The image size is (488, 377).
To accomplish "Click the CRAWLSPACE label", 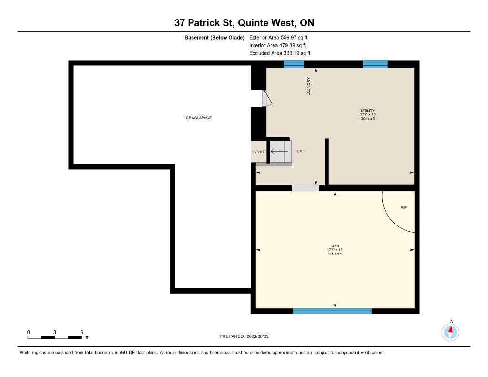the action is (199, 118).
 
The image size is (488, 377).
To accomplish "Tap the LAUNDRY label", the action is (308, 87).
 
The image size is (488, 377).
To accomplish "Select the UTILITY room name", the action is (368, 110).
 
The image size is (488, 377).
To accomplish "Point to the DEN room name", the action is (335, 245).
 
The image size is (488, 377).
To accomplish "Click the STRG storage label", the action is (259, 152).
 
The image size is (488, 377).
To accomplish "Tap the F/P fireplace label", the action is (404, 207).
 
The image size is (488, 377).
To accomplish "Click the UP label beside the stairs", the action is (299, 151).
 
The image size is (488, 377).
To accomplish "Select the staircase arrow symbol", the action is (279, 151).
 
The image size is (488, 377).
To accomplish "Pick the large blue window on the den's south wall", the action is (332, 311).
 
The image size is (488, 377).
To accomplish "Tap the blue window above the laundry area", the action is (294, 64).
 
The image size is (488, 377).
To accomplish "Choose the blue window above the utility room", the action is (376, 64).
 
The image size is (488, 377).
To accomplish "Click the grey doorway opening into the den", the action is (305, 188).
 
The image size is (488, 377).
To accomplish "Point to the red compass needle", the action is (451, 330).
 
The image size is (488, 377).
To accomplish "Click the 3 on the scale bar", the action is (54, 332).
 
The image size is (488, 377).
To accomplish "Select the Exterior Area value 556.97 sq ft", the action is (294, 37).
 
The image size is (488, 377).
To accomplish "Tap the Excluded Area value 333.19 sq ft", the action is (297, 53).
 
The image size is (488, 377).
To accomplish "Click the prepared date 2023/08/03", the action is (258, 336).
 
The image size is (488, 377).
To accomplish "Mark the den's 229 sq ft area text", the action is (335, 254).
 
